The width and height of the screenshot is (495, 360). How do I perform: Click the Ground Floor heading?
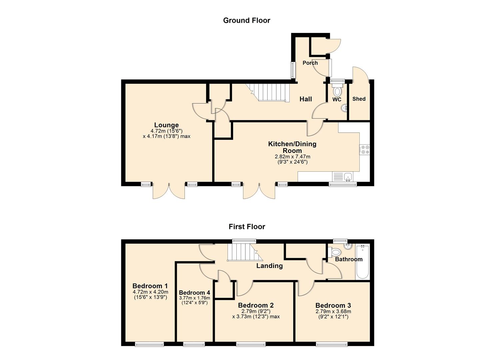246,20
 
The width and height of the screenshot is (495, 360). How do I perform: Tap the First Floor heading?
247,227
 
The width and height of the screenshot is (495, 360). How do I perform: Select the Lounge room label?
166,125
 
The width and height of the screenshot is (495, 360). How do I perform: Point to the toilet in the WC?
337,91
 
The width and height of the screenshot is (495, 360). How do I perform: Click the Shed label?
359,99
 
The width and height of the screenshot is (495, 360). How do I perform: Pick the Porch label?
310,63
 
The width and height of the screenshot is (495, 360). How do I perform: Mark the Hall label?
305,99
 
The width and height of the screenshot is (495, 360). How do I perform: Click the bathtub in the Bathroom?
362,262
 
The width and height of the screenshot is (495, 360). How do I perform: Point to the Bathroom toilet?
335,253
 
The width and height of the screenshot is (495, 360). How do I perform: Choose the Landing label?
269,266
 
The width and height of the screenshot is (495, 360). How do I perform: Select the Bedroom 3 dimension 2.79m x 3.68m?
333,311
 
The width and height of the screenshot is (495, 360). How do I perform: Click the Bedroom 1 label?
150,286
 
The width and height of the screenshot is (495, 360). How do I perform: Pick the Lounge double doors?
169,191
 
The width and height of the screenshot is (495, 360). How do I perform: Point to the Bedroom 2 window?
251,344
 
